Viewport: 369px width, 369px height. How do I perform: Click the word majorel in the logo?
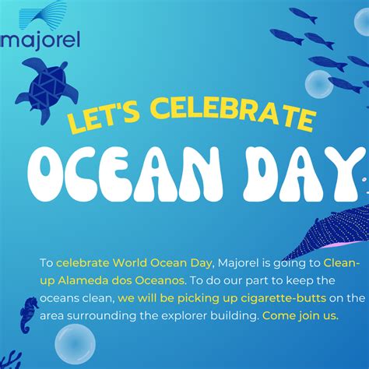40,40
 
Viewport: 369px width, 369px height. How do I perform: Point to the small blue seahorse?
28,315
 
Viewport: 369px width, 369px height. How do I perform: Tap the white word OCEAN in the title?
125,174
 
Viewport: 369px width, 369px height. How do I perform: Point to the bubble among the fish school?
319,84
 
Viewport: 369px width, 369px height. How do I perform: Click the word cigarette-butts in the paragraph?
283,298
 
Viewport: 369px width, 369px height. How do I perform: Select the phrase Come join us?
300,316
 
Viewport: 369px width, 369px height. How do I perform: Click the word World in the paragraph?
131,263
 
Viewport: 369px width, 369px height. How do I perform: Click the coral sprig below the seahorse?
10,360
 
